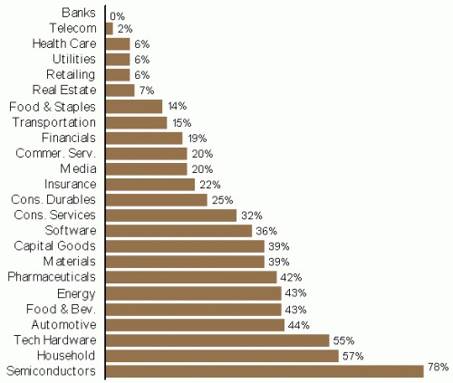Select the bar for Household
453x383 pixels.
click(221, 355)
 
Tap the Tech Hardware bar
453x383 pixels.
click(217, 340)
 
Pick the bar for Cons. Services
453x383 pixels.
click(171, 215)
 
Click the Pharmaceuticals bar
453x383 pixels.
click(191, 277)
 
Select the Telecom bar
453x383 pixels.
click(110, 29)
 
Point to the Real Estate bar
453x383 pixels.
click(120, 90)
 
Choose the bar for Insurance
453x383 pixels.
click(150, 184)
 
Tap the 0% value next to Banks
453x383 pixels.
click(117, 15)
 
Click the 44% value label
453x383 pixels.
click(299, 324)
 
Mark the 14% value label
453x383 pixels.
click(178, 107)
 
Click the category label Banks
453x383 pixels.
click(81, 14)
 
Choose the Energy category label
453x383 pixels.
click(76, 293)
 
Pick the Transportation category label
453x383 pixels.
click(55, 122)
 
